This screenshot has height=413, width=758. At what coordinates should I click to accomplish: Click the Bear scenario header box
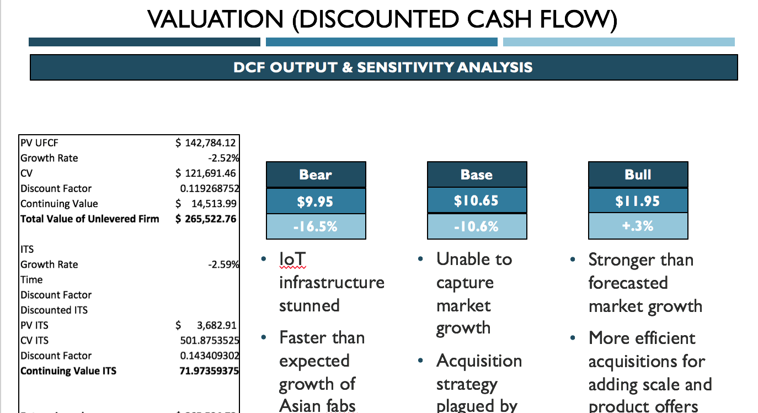coord(316,174)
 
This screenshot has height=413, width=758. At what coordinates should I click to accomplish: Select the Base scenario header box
coord(477,174)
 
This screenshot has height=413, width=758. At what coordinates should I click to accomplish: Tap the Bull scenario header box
coord(638,174)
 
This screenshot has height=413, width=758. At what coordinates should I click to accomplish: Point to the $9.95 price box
coord(316,201)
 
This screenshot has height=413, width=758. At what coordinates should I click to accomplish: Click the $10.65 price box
coord(477,200)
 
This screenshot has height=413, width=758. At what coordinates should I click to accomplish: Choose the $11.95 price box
coord(638,201)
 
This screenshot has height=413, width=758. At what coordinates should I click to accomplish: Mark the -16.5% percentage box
coord(316,226)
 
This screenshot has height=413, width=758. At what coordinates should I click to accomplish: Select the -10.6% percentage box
coord(477,226)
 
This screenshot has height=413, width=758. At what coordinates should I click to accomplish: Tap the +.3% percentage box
coord(638,226)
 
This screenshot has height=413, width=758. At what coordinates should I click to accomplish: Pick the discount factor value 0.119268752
coord(210,188)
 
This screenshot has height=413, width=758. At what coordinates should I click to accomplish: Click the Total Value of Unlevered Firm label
coord(89,219)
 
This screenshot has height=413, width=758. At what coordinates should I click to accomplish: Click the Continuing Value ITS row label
coord(68,370)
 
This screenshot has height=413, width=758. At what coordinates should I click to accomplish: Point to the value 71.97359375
coord(210,370)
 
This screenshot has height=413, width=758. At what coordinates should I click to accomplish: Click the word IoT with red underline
coord(292,259)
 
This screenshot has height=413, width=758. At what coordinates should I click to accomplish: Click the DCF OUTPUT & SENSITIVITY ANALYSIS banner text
coord(383,67)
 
